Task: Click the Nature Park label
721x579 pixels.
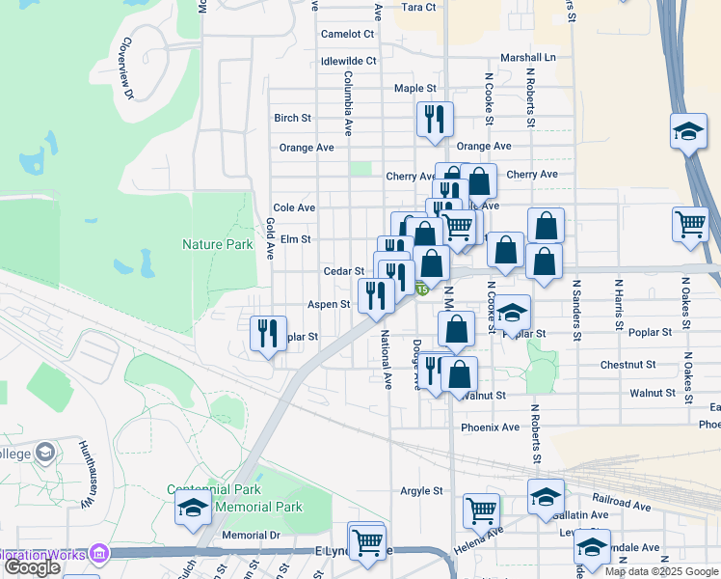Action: tap(217, 245)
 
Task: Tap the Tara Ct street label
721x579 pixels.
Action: tap(418, 7)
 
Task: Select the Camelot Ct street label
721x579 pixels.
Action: tap(347, 34)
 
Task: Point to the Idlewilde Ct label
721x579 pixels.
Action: tap(348, 61)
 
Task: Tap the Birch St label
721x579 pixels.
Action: tap(292, 119)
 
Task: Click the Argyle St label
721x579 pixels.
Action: tap(421, 491)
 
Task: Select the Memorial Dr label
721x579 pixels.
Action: tap(251, 535)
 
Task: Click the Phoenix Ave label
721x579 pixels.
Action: tap(490, 427)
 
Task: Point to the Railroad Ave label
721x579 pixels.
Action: tap(622, 505)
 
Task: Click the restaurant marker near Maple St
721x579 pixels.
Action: tap(435, 119)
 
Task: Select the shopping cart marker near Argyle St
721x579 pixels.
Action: tap(481, 510)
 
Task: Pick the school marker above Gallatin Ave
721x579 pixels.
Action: tap(546, 496)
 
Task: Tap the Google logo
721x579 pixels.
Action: tap(32, 567)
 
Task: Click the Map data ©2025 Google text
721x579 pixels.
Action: tap(661, 571)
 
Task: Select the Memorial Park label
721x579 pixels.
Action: tap(258, 508)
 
